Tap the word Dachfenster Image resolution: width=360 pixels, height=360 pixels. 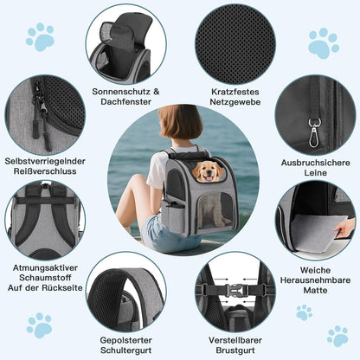126,102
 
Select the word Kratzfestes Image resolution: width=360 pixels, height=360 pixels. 235,92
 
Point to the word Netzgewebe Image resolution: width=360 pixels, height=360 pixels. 235,102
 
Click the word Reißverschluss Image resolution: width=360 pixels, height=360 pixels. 45,171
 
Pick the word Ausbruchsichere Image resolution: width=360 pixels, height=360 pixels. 316,163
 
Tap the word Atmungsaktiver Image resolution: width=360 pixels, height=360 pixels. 45,268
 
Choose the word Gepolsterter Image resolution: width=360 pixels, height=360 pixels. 125,340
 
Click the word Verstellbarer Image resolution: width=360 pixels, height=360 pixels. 235,340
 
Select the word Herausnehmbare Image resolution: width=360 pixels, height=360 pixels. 315,280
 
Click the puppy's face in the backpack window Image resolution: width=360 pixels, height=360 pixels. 208,171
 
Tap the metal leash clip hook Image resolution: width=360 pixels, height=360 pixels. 313,132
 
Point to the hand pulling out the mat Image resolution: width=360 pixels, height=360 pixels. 344,228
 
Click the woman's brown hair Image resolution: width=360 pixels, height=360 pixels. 180,122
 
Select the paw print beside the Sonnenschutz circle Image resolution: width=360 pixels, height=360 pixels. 41,37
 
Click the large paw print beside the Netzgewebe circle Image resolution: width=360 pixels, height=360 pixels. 323,43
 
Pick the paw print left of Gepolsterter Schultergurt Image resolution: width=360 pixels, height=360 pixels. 40,325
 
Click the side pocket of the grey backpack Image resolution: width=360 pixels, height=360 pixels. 173,217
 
